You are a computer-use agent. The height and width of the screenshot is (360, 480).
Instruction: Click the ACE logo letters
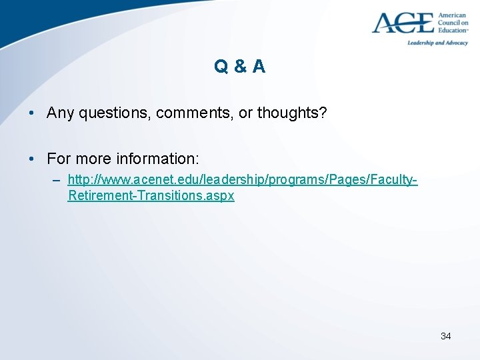tap(403, 23)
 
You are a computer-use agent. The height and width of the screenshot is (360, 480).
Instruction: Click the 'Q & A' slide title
tap(240, 66)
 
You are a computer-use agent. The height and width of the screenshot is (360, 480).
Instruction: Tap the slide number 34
tap(445, 336)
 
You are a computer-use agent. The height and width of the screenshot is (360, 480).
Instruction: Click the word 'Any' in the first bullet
tap(61, 113)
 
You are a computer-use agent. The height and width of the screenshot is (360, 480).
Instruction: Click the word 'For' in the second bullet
tap(59, 159)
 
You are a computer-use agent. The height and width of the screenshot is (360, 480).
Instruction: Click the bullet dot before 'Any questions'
tap(31, 113)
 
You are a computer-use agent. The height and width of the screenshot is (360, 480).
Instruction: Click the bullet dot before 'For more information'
tap(31, 159)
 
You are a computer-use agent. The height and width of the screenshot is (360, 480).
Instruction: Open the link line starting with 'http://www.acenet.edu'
tap(243, 180)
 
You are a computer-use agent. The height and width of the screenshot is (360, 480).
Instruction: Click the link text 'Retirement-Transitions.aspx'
tap(151, 196)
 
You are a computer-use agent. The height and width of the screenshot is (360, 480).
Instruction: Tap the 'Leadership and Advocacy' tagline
tap(438, 43)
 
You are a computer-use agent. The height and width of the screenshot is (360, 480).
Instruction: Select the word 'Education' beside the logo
tap(453, 30)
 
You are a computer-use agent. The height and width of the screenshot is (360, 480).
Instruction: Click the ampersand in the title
tap(240, 66)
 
